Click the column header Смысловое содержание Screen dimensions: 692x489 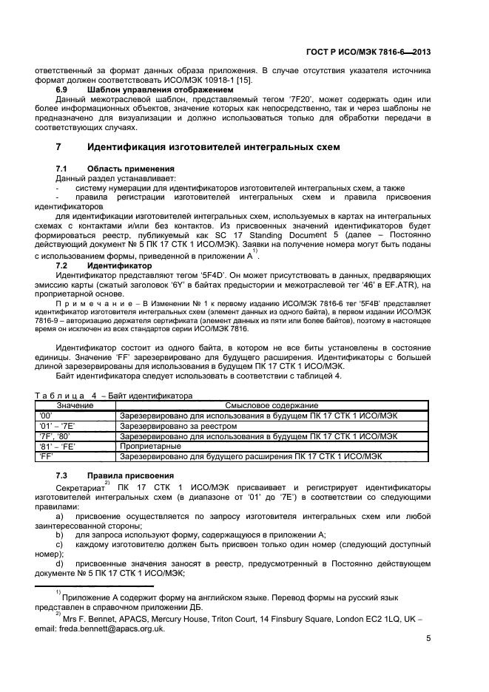click(x=271, y=406)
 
